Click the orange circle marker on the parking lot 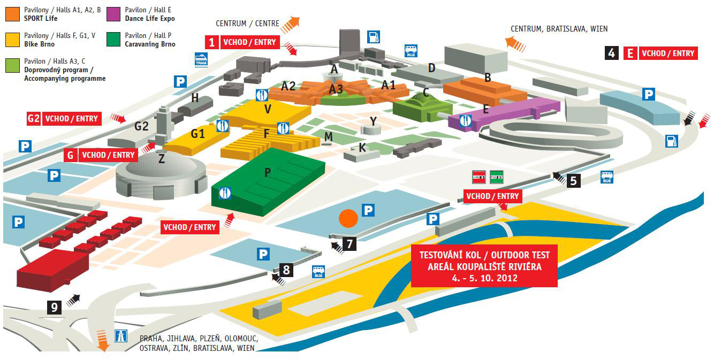click(348, 218)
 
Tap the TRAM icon click(201, 59)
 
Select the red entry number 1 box click(212, 42)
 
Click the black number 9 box click(54, 307)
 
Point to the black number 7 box click(350, 244)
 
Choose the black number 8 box click(286, 269)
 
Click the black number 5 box click(573, 180)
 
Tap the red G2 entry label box click(34, 118)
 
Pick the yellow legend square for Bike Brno click(12, 40)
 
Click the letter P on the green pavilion click(268, 172)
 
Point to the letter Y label click(373, 121)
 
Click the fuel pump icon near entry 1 click(374, 36)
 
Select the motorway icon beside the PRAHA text click(121, 336)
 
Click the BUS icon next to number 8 click(318, 272)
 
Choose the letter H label click(195, 98)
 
